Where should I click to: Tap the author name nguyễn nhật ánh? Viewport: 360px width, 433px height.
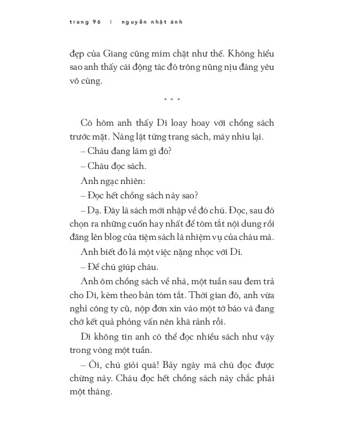pyautogui.click(x=152, y=22)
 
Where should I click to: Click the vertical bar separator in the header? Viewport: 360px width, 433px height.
pyautogui.click(x=111, y=22)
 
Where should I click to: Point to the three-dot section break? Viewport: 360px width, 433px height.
pyautogui.click(x=172, y=99)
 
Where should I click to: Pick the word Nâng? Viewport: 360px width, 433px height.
pyautogui.click(x=123, y=137)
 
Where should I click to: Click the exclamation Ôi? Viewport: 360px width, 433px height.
pyautogui.click(x=93, y=364)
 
